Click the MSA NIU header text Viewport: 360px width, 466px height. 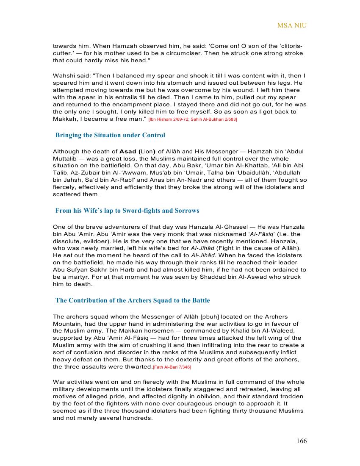[x=292, y=26]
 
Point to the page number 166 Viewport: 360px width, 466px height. [x=302, y=441]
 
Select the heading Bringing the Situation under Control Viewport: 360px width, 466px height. [x=110, y=136]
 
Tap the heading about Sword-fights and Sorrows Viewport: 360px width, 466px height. [x=127, y=211]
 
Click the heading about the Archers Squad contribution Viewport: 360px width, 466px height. [x=133, y=300]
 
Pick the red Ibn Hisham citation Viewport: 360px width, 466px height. [x=193, y=120]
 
